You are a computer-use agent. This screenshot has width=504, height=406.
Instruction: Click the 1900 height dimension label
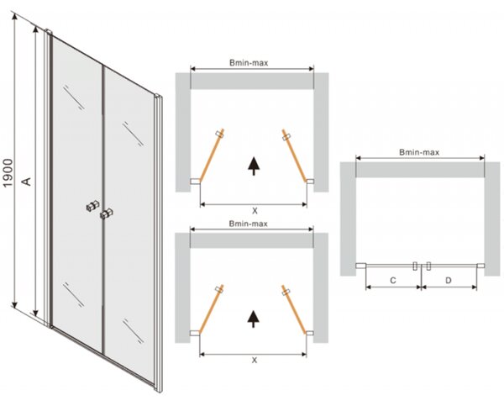tap(8, 173)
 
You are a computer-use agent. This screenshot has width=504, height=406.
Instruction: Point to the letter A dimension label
tap(28, 181)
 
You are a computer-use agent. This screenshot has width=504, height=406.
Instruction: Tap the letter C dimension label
tap(393, 281)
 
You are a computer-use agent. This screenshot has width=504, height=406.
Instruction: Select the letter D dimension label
tap(448, 281)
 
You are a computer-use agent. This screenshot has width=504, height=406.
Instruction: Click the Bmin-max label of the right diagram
tap(419, 152)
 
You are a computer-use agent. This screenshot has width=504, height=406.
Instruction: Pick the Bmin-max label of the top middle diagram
tap(249, 63)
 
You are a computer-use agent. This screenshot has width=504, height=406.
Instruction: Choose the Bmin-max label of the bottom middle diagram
tap(248, 224)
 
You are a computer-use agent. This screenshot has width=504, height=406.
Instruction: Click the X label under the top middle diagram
tap(255, 211)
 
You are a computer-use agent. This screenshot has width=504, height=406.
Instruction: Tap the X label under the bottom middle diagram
tap(255, 361)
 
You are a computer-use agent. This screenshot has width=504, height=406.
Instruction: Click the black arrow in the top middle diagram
tap(254, 166)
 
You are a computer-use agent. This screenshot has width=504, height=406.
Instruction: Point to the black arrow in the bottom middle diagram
tap(254, 319)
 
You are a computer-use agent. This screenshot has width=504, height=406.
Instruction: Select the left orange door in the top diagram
tap(211, 156)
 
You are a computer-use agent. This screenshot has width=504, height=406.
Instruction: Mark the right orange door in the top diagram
tap(294, 156)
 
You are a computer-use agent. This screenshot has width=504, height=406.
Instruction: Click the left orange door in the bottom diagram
tap(211, 308)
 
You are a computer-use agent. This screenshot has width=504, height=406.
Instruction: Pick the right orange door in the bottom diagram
tap(293, 308)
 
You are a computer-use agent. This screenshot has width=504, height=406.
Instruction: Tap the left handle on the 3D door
tap(92, 206)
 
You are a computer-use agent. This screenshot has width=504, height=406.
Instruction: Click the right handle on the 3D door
tap(107, 214)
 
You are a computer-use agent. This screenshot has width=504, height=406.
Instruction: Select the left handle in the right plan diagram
tap(415, 266)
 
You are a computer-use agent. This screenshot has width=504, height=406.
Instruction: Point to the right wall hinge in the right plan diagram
tap(480, 266)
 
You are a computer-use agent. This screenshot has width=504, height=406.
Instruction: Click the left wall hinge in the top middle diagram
tap(195, 182)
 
